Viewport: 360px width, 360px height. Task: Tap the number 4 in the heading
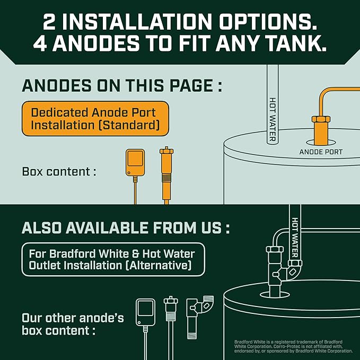42,43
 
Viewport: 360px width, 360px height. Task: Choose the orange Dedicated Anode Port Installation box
95,119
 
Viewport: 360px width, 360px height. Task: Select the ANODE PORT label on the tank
321,152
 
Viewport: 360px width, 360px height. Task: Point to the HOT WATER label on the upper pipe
272,119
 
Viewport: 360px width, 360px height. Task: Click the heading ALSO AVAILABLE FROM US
126,228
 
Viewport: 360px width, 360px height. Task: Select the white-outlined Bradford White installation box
112,259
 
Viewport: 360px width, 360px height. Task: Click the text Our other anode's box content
73,324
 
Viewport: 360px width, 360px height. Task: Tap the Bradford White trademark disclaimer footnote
293,346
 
